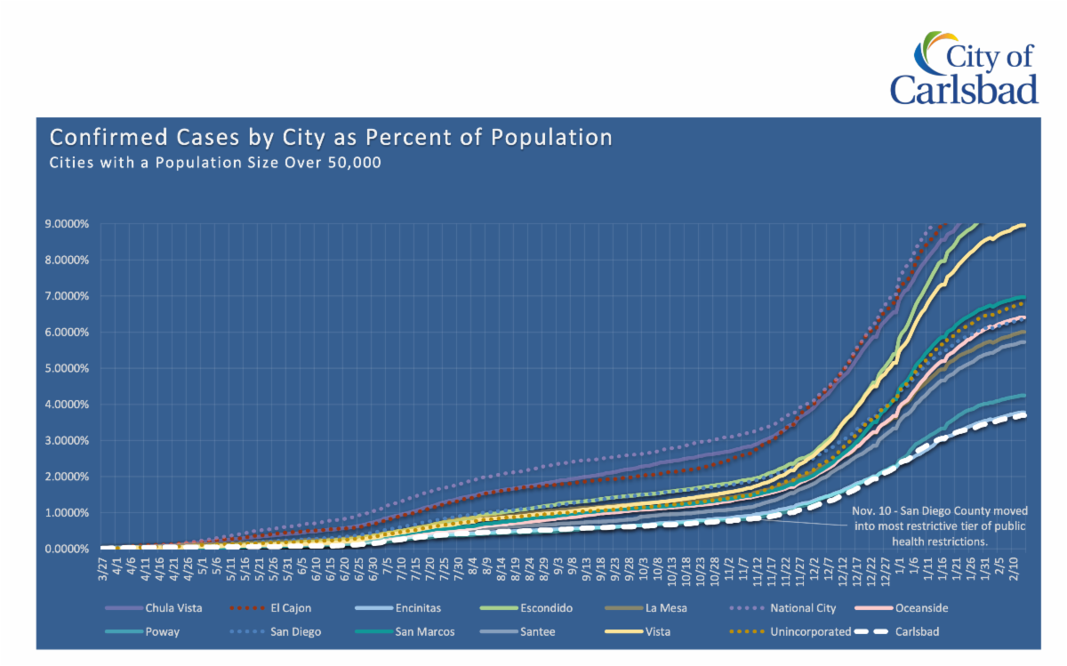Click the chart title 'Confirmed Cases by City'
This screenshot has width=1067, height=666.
[x=331, y=138]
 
